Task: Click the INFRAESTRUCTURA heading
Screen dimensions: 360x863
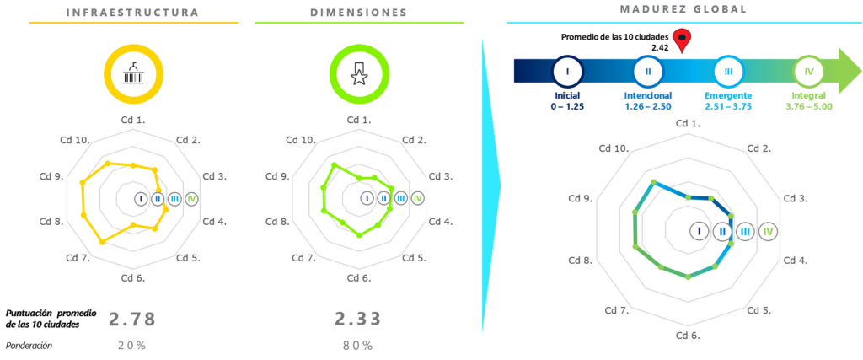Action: (132, 13)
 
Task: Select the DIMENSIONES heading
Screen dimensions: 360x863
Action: (358, 13)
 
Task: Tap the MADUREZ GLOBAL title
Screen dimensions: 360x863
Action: (683, 9)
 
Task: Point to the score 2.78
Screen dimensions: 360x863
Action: (132, 320)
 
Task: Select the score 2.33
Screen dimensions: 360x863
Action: (358, 319)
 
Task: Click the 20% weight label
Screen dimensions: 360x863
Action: (132, 346)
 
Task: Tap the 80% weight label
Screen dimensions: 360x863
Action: (358, 346)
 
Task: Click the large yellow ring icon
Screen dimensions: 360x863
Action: (133, 74)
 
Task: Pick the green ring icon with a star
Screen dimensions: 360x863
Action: (359, 74)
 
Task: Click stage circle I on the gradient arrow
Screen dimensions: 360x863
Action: (568, 71)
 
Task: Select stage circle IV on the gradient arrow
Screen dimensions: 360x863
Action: (809, 71)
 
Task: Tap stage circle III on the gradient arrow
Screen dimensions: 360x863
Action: (728, 71)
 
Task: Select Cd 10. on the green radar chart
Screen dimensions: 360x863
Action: (300, 140)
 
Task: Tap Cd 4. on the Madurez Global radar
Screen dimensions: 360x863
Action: (796, 261)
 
